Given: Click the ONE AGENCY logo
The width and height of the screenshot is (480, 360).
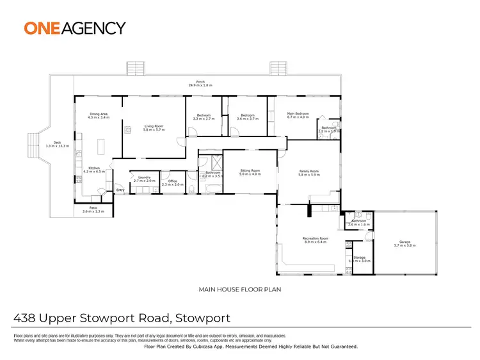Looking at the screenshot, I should [x=75, y=28].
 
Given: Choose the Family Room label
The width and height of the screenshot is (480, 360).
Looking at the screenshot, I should [x=309, y=172].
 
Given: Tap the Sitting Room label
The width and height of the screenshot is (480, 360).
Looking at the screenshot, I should [x=249, y=172].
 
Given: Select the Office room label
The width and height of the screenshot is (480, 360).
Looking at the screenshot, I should [x=172, y=182].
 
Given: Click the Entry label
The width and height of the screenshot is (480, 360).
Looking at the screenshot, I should [x=120, y=191].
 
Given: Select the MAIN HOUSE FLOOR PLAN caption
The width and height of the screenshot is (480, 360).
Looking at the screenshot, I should [x=241, y=290].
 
